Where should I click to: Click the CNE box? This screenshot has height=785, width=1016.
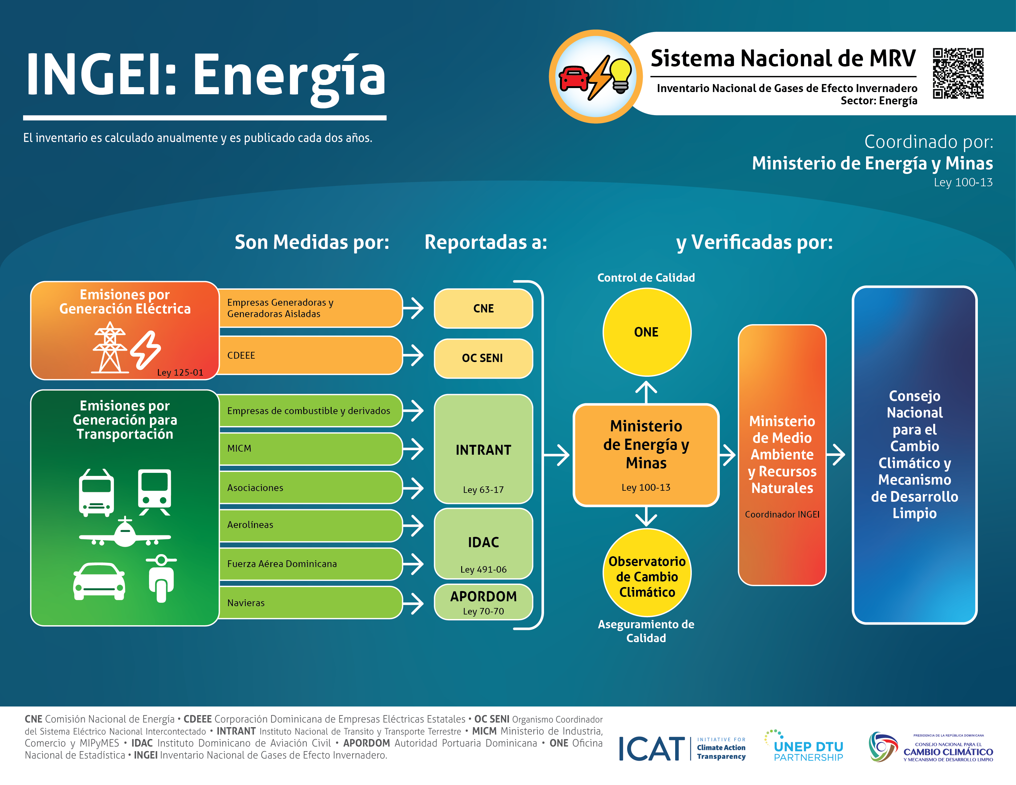pos(483,308)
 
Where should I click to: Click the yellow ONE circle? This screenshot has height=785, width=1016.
pos(647,332)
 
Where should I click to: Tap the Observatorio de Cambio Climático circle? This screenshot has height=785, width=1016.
pos(647,573)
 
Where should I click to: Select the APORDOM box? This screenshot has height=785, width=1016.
pos(483,602)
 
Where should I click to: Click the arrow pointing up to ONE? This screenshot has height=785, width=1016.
pos(647,392)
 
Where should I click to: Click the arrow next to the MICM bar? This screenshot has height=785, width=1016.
pos(413,449)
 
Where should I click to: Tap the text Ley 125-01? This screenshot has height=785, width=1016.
pos(180,372)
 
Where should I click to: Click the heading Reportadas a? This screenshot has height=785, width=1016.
pos(486,242)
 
